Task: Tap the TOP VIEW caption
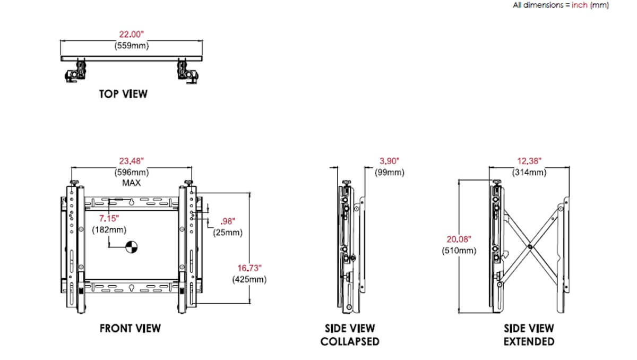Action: tap(123, 94)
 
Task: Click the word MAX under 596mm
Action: tap(132, 183)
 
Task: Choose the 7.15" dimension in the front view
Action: tap(109, 218)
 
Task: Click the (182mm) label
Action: tap(109, 230)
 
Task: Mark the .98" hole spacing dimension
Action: tap(227, 221)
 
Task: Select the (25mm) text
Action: tap(228, 233)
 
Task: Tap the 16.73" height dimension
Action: tap(249, 268)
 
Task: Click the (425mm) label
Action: tap(249, 280)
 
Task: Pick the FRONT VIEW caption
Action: tap(130, 328)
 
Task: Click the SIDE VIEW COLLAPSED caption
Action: tap(350, 335)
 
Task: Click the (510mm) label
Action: tap(459, 251)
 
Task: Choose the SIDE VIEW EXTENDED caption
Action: tap(529, 335)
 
